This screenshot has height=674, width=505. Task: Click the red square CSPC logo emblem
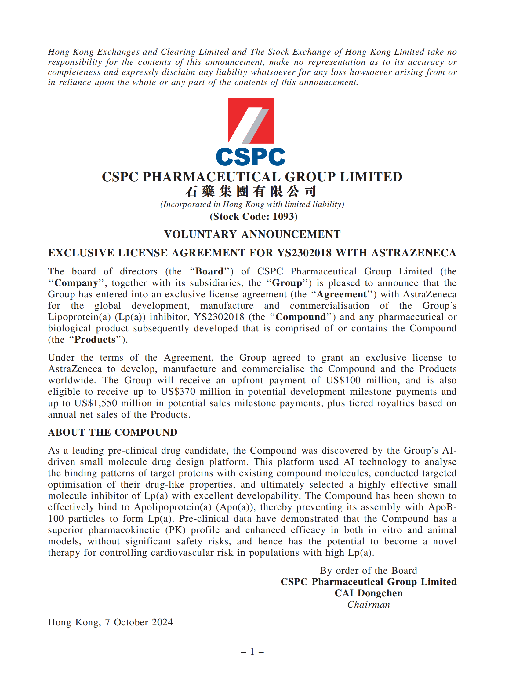coord(250,120)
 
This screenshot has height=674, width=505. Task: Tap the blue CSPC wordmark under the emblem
coord(250,157)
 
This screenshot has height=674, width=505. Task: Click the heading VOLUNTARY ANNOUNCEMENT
coord(252,234)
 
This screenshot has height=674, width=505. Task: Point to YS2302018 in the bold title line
coord(304,253)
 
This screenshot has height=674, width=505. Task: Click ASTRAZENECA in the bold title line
coord(414,253)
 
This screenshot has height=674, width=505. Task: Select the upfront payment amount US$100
coord(343,380)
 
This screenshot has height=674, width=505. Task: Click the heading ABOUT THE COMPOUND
coord(113,432)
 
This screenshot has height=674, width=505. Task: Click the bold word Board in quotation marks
coord(209,271)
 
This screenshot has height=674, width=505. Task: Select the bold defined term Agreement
coord(342,294)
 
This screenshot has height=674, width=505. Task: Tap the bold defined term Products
coord(95,339)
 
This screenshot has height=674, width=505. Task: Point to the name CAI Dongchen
coord(369,593)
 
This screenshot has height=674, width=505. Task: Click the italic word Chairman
coord(369,605)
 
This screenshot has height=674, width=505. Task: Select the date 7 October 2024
coord(139,622)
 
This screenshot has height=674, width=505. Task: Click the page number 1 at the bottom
coord(252,651)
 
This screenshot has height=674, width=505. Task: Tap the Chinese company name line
coord(250,191)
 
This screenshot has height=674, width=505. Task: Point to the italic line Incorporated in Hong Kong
coord(252,204)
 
